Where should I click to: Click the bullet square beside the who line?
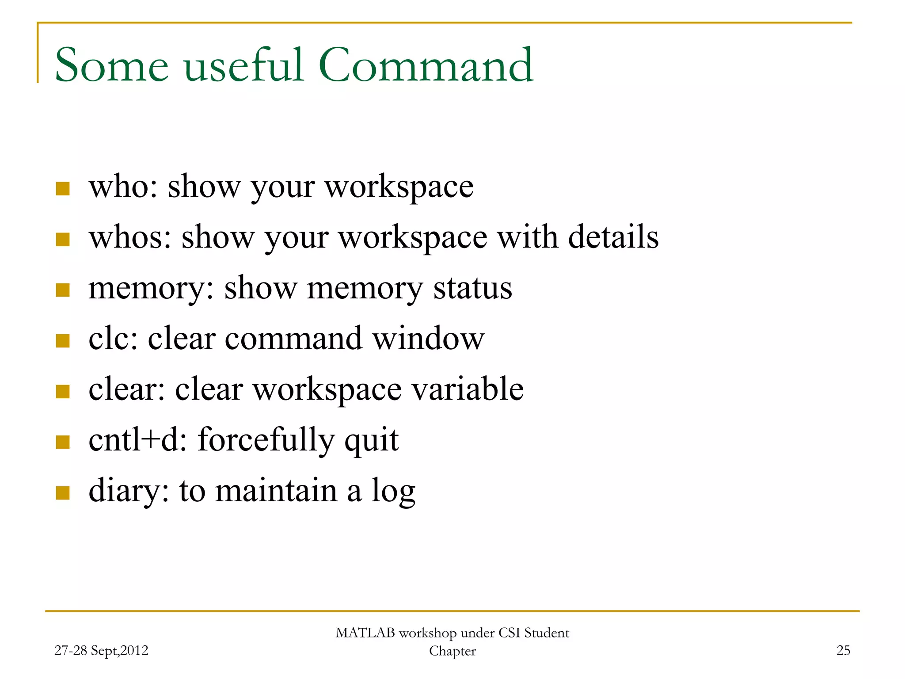click(x=63, y=189)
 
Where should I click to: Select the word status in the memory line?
click(x=472, y=288)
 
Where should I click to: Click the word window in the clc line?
click(x=428, y=339)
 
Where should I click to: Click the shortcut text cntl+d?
click(x=134, y=440)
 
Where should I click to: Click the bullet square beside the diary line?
click(x=63, y=492)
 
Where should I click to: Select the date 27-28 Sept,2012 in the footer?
click(x=101, y=650)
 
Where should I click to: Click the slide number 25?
click(x=843, y=650)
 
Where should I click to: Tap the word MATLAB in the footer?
click(x=365, y=633)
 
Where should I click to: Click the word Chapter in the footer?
click(x=452, y=651)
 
